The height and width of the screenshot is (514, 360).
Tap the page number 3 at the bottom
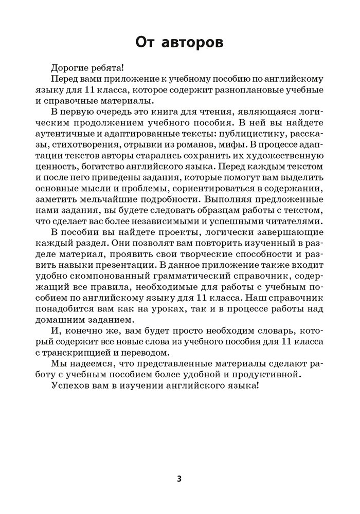click(179, 479)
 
